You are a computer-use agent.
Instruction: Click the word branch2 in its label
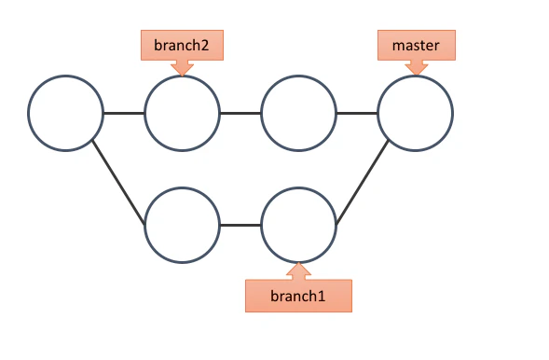point(182,45)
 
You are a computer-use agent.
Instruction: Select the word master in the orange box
point(416,46)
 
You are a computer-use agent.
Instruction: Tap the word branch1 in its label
point(298,297)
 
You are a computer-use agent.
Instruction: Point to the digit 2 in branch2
point(204,46)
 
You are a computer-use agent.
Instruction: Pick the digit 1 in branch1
point(322,297)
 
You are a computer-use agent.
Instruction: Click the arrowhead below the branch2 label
point(182,68)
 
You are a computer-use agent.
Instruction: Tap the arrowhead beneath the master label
point(417,67)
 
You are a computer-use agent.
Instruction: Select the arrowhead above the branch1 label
point(298,271)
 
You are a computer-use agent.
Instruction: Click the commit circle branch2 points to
point(182,113)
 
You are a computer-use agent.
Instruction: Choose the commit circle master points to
point(416,113)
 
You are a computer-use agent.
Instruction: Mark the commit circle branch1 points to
point(298,225)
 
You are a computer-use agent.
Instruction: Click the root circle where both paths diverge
point(65,113)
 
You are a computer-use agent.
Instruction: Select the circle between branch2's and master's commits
point(298,113)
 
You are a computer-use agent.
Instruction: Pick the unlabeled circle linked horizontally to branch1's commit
point(182,225)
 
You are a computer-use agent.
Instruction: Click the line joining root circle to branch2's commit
point(124,113)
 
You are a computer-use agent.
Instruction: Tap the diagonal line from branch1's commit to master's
point(362,182)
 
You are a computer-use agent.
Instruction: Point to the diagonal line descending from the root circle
point(118,182)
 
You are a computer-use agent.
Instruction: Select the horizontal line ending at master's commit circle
point(357,113)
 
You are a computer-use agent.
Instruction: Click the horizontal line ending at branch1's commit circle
point(240,225)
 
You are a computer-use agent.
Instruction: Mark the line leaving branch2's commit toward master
point(240,113)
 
